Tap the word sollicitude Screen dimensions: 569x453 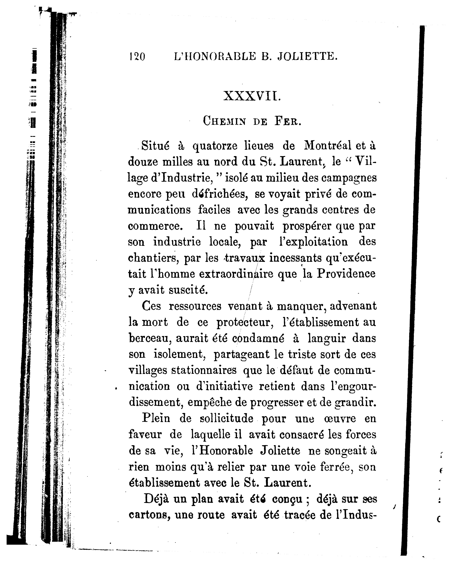pos(226,419)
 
